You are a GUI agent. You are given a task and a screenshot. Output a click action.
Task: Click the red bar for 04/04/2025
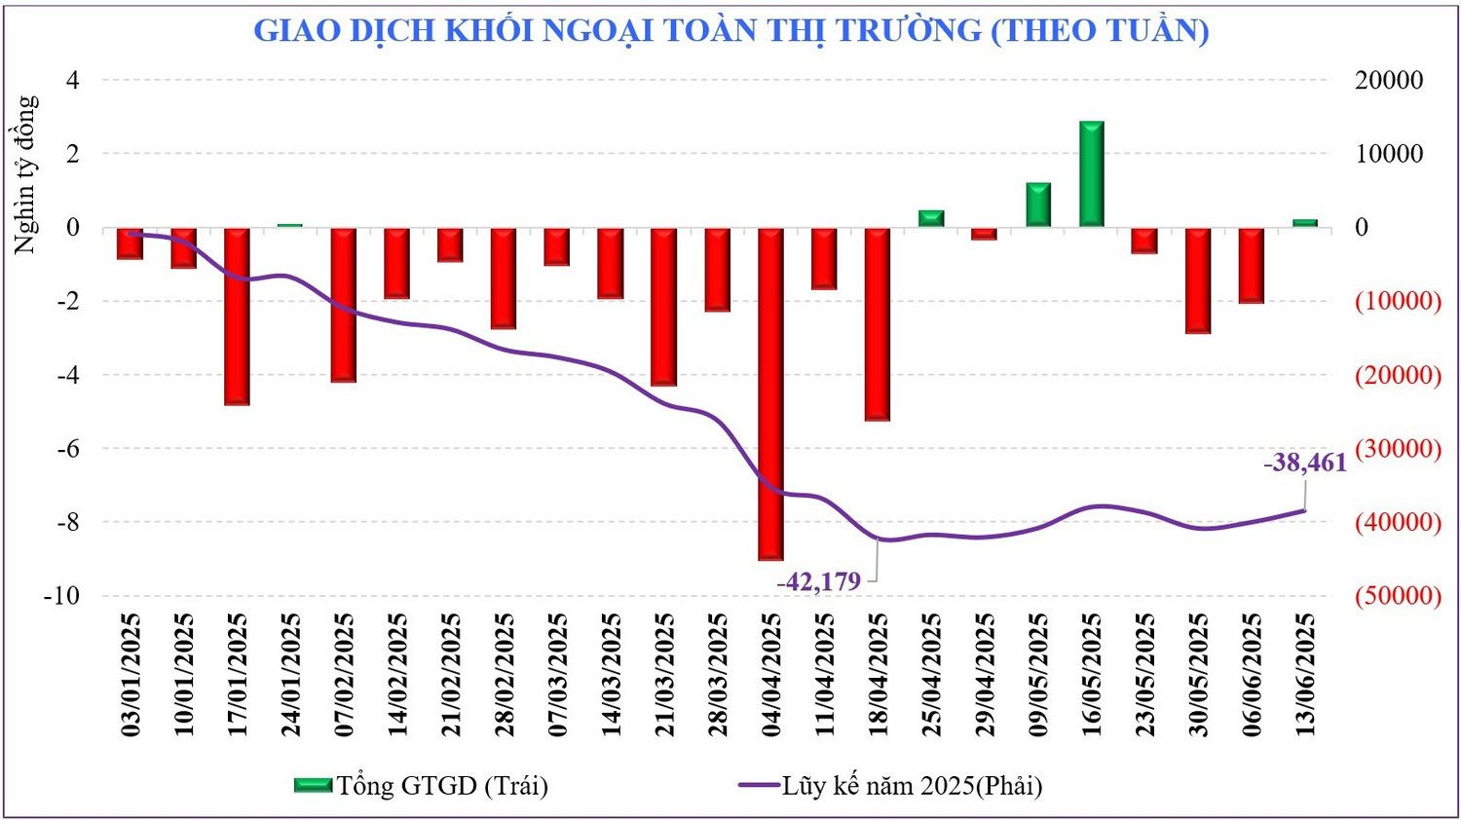(x=770, y=393)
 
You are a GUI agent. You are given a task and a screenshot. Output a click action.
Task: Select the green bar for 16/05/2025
(x=1091, y=174)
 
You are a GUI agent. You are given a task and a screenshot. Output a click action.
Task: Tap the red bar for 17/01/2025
(x=237, y=316)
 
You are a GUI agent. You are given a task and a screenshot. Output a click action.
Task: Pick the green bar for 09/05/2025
(x=1038, y=205)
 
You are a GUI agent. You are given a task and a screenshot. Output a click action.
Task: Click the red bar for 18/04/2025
(x=878, y=323)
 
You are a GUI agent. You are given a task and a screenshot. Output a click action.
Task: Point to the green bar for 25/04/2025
(x=931, y=218)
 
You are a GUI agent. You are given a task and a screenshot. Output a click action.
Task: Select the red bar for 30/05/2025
(x=1198, y=280)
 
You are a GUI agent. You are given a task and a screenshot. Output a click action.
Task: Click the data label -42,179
(x=819, y=581)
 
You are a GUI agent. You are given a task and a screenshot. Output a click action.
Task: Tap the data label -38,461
(x=1305, y=463)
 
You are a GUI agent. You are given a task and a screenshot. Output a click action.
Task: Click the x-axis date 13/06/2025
(x=1305, y=674)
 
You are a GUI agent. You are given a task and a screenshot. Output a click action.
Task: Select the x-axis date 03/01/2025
(x=131, y=674)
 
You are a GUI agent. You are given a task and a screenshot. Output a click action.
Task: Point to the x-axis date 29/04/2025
(x=985, y=674)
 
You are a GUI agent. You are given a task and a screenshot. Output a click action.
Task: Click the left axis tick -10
(x=61, y=595)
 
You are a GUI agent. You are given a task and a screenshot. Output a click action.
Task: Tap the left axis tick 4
(x=72, y=80)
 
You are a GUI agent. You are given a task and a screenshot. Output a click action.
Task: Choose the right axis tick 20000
(x=1389, y=80)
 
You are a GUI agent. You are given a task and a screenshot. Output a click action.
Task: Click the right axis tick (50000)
(x=1398, y=595)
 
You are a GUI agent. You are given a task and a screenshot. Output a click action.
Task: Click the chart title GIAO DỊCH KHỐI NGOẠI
(x=730, y=30)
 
